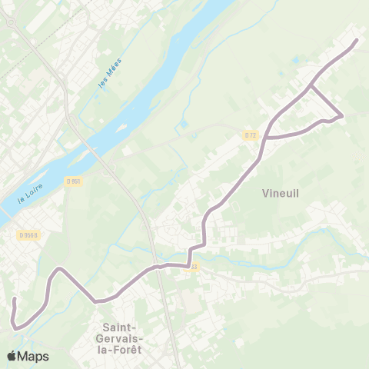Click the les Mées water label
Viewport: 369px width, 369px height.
[111, 78]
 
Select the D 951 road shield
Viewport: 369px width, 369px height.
[74, 181]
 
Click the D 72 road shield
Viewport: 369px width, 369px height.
[251, 135]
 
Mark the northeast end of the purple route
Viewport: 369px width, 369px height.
[357, 40]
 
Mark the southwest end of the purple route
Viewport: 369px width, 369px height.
[15, 298]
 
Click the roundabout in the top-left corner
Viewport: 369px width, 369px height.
[11, 23]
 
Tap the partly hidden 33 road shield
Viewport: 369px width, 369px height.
[194, 267]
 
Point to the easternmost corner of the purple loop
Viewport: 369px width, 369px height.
[341, 117]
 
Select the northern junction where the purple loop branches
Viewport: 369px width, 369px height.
[311, 87]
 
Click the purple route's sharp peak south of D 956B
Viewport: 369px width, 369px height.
[58, 269]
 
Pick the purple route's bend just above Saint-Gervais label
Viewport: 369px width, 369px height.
[95, 301]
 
